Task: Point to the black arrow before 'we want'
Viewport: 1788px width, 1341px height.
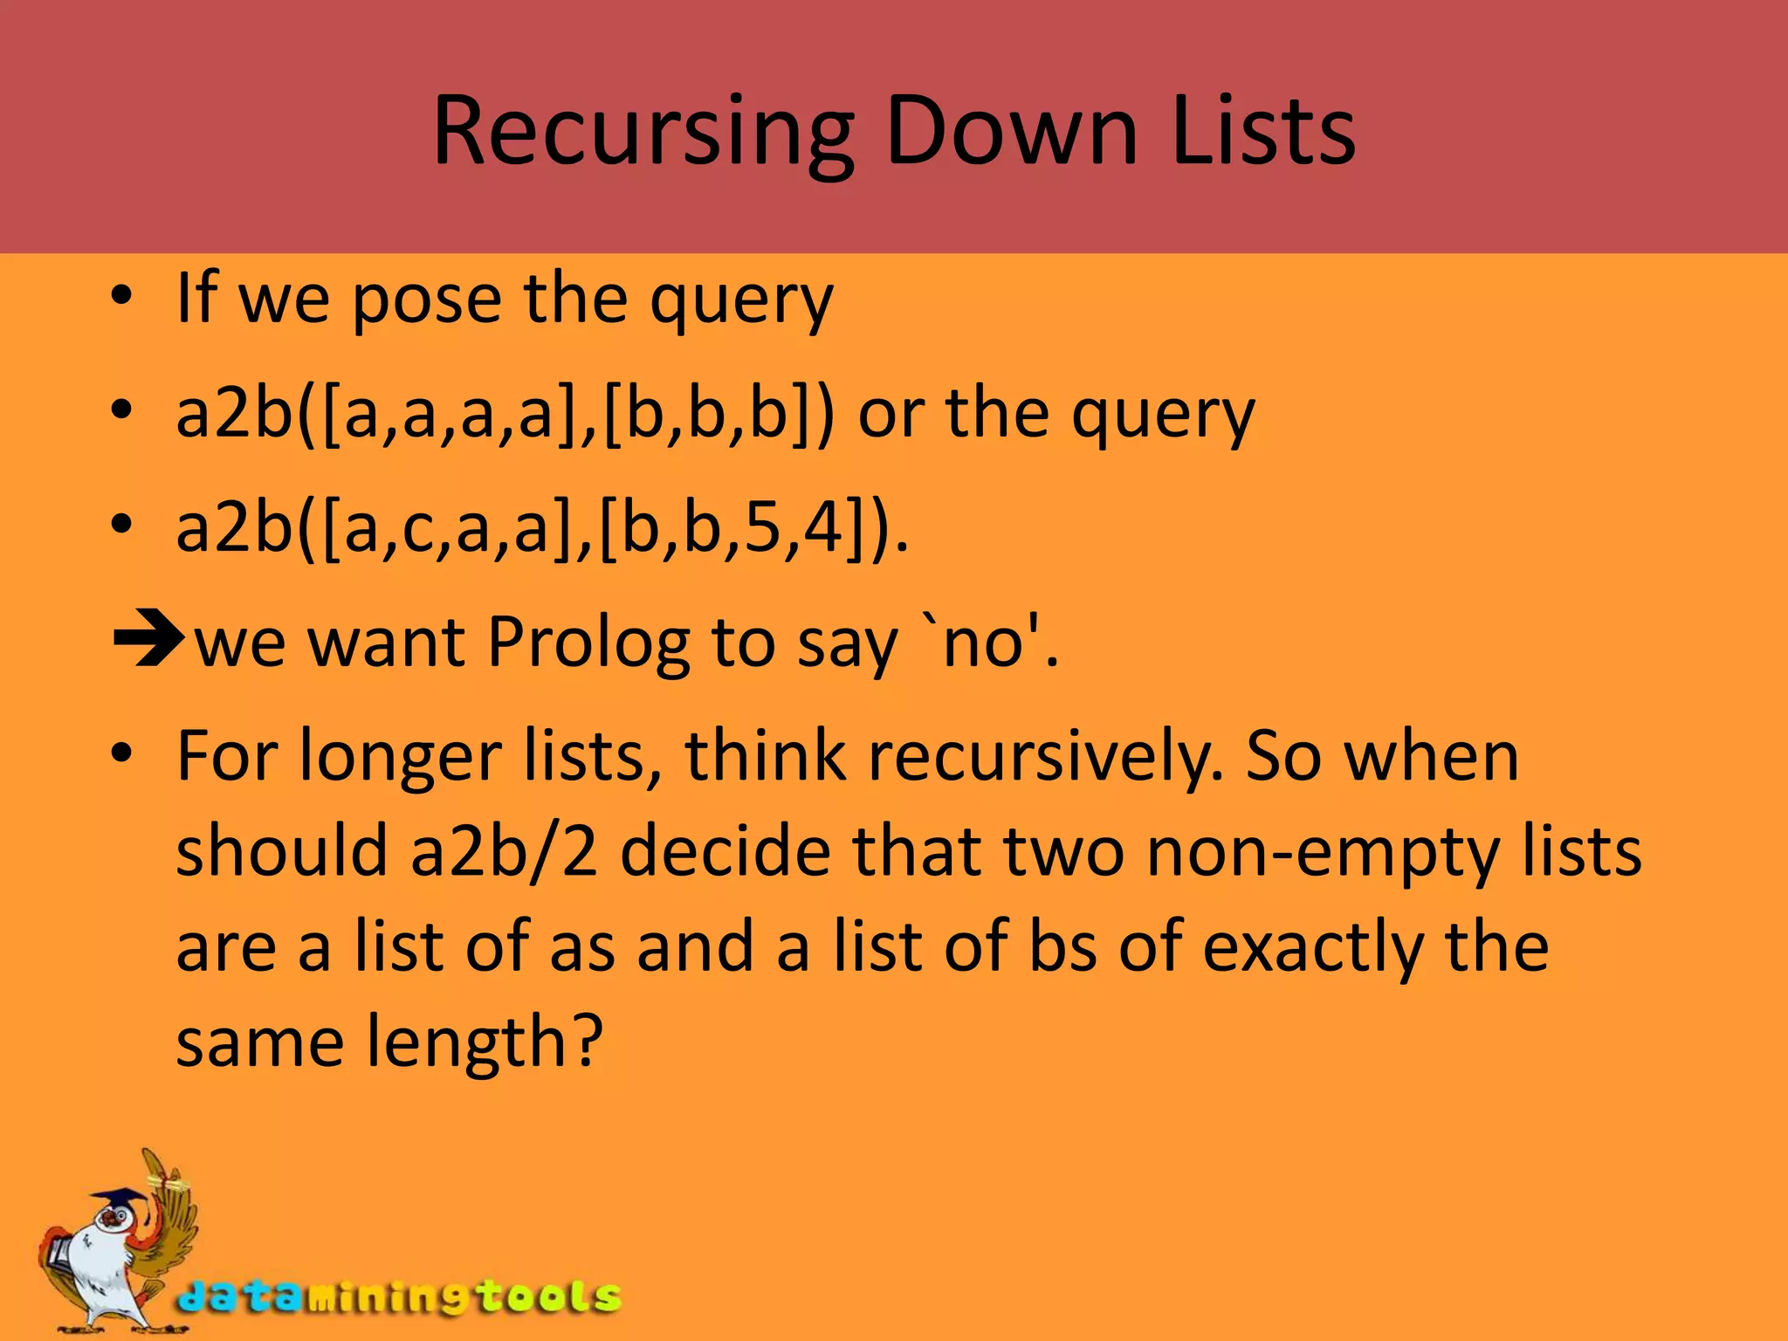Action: pyautogui.click(x=148, y=640)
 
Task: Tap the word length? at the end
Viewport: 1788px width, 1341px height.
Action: pyautogui.click(x=485, y=1042)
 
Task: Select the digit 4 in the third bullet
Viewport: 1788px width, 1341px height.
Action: pyautogui.click(x=822, y=528)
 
